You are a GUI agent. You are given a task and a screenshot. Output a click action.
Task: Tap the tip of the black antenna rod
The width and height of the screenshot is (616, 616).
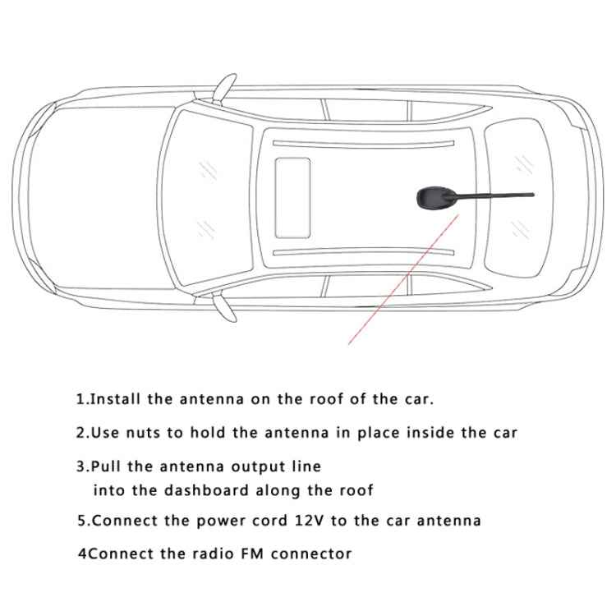532,195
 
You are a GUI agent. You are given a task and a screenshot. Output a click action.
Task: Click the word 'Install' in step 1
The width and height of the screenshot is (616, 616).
116,400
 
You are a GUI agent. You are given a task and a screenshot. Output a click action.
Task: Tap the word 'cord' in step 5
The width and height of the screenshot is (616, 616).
258,521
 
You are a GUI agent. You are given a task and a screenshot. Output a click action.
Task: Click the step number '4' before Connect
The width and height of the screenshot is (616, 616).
81,554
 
